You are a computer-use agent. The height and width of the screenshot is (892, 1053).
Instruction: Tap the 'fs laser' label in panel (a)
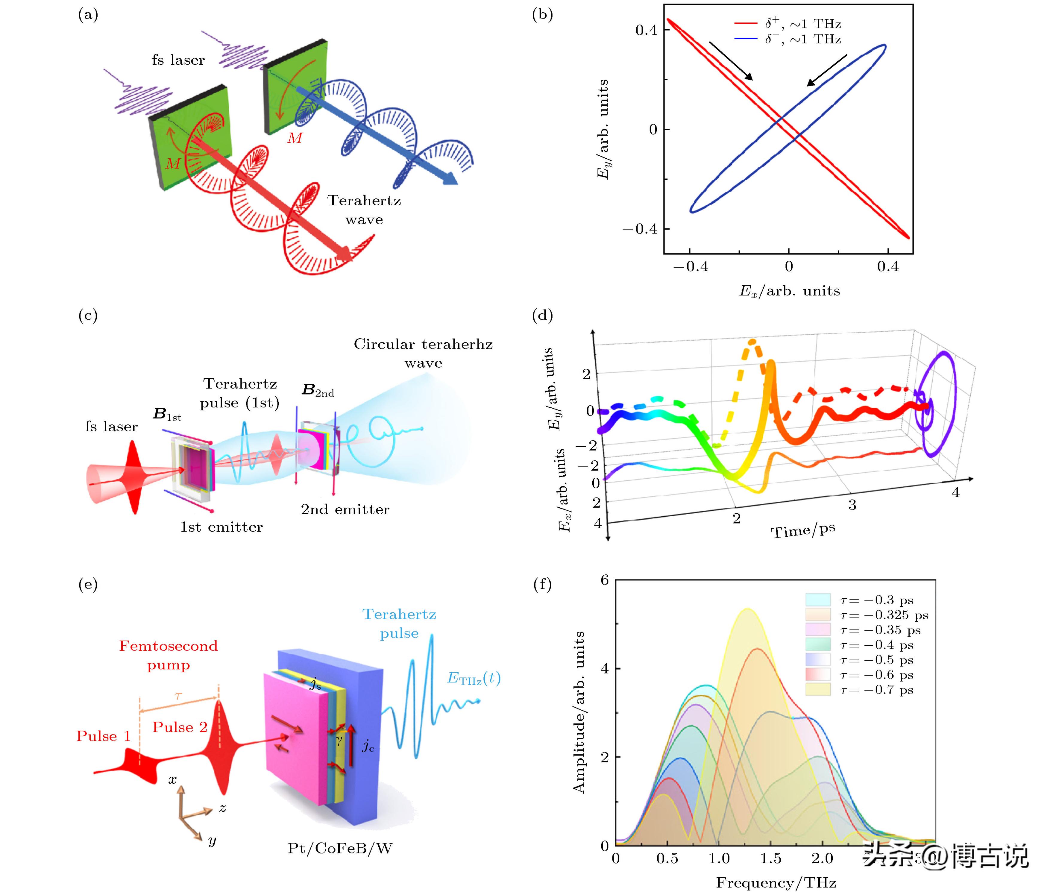[x=178, y=60]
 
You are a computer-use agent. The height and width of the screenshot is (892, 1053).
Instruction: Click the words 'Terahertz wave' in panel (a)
[x=364, y=210]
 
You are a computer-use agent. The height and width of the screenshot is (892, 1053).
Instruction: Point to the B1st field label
[x=167, y=414]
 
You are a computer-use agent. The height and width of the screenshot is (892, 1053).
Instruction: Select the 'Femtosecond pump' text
[x=168, y=655]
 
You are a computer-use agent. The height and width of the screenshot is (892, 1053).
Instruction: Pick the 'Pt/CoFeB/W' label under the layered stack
[x=340, y=848]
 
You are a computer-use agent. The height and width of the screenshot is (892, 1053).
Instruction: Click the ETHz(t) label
[x=474, y=679]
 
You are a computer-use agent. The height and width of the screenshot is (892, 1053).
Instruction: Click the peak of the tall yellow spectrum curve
[x=747, y=609]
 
